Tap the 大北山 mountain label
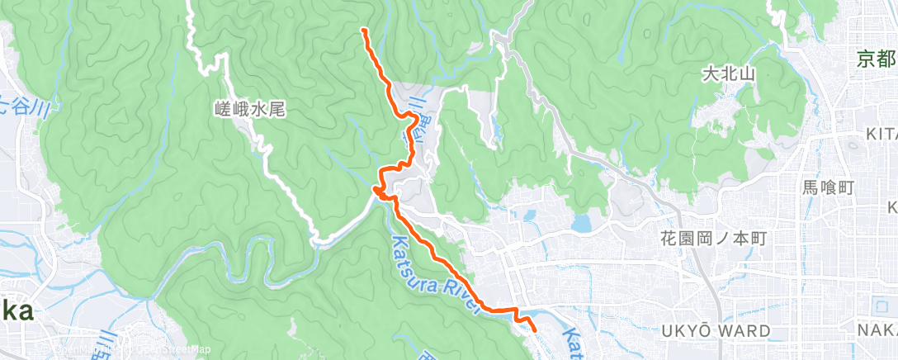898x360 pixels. click(x=728, y=73)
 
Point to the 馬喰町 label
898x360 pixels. click(x=828, y=187)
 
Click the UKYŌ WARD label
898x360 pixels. click(x=716, y=331)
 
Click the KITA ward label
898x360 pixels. click(x=881, y=134)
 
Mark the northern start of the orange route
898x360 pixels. click(x=364, y=30)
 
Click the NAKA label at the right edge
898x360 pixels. click(x=882, y=331)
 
